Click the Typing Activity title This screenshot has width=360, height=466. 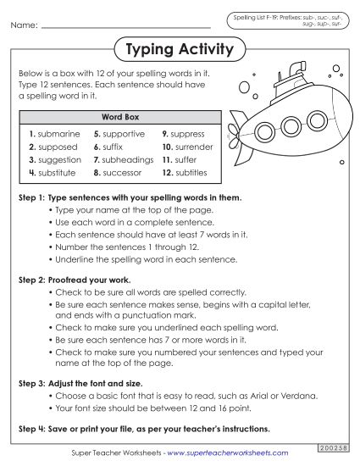179,50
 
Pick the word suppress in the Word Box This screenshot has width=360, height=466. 190,134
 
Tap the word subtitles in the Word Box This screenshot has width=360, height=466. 191,172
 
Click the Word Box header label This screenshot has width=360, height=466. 120,116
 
